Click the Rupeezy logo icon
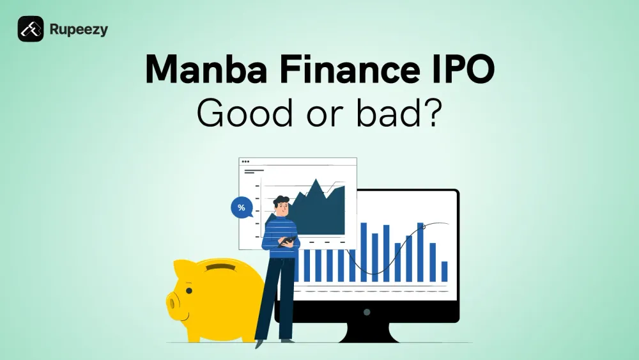tap(31, 29)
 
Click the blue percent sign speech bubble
tap(241, 208)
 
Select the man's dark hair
tap(282, 200)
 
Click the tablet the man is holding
tap(288, 241)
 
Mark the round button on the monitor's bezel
tap(367, 312)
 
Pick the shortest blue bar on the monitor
tap(444, 271)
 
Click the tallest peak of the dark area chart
tap(314, 182)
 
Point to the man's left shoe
tap(258, 344)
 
